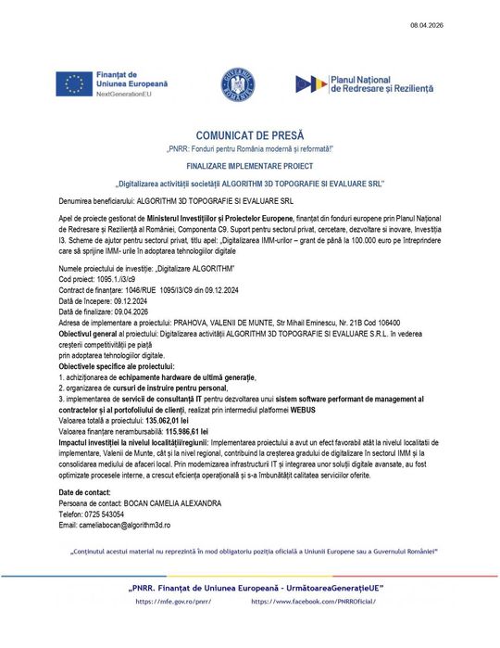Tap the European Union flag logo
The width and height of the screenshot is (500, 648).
73,83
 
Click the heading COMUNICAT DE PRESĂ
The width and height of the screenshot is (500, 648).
249,135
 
